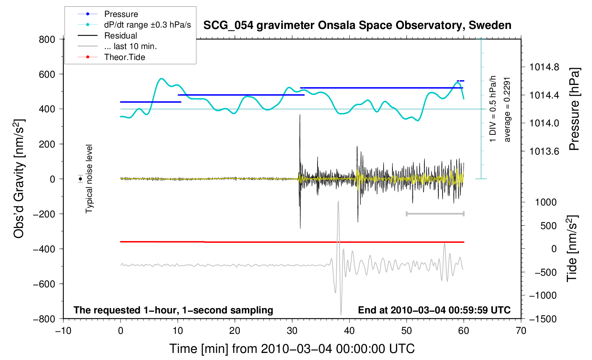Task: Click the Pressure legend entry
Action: click(x=121, y=14)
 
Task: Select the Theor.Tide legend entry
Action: click(x=124, y=57)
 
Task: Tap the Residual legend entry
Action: click(x=120, y=36)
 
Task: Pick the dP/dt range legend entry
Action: click(x=147, y=25)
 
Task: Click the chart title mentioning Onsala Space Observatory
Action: click(x=357, y=25)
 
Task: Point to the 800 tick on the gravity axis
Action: click(x=47, y=39)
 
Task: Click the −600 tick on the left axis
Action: click(x=44, y=284)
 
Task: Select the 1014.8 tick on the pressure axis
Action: click(x=544, y=67)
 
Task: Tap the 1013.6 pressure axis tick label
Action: click(x=544, y=151)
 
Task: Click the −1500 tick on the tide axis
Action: click(x=543, y=319)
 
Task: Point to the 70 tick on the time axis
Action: click(x=521, y=331)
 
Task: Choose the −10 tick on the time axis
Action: click(x=63, y=331)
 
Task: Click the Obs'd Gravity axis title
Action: click(x=19, y=179)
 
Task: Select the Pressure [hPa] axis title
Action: click(x=574, y=109)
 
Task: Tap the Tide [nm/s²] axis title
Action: click(x=572, y=248)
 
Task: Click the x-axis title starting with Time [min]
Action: click(x=292, y=349)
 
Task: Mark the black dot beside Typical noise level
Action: click(x=81, y=179)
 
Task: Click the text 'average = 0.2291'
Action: click(x=507, y=109)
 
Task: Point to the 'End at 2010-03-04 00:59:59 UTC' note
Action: click(x=434, y=310)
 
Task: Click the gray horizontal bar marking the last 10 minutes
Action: click(x=435, y=214)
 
